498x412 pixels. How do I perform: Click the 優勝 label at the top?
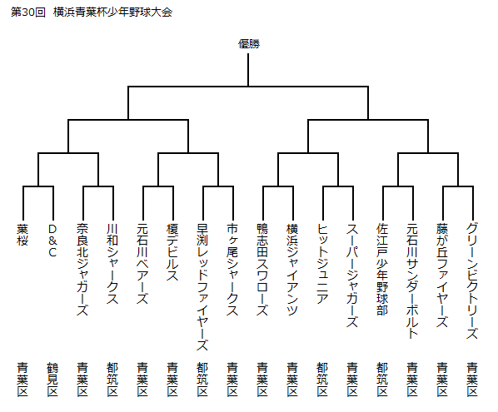[249, 44]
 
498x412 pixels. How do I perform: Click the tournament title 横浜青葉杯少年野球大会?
[112, 12]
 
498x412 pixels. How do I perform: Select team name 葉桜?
[22, 235]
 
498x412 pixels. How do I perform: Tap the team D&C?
[52, 241]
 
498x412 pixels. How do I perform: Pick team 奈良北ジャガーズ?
[82, 270]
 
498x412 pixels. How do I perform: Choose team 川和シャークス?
[112, 264]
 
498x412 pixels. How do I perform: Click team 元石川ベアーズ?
[142, 264]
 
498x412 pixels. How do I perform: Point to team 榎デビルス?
[172, 252]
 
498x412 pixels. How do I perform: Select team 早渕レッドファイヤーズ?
[202, 287]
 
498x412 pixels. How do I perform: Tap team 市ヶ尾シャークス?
[232, 270]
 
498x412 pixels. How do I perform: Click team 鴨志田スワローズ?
[262, 270]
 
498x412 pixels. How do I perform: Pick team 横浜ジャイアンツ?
[292, 270]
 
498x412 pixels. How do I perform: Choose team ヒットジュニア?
[322, 264]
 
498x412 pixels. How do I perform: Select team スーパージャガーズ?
[352, 275]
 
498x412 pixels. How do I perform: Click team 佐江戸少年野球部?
[382, 270]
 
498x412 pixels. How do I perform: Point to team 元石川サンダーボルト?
[412, 281]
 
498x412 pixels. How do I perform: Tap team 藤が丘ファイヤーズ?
[442, 275]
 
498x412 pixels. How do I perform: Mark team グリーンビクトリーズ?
[472, 281]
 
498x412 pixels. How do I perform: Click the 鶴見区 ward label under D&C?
[52, 380]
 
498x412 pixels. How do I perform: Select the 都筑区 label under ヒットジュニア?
[322, 380]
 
